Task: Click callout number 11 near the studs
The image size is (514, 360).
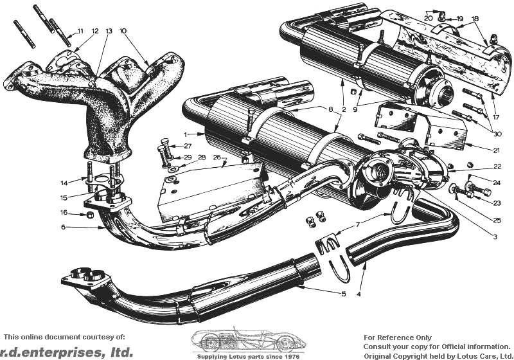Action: (80, 31)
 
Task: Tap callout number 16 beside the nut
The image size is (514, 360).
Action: (64, 212)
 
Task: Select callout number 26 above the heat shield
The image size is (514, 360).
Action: (217, 157)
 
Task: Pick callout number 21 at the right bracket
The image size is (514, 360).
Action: (496, 150)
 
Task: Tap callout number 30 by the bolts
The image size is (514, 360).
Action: (497, 134)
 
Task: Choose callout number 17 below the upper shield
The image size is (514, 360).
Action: (495, 117)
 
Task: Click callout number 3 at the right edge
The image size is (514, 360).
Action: (495, 237)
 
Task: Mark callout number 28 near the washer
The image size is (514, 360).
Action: (202, 157)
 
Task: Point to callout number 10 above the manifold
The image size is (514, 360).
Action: (123, 31)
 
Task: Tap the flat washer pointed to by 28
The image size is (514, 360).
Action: (172, 170)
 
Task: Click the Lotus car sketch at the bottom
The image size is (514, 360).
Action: (249, 340)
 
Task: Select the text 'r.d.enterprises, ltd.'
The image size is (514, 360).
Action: (67, 352)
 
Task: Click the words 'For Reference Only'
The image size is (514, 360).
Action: (398, 337)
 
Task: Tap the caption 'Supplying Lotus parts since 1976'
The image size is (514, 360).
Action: (248, 356)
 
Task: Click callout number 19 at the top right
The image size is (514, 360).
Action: (459, 19)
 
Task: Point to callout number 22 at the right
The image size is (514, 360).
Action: (497, 166)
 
